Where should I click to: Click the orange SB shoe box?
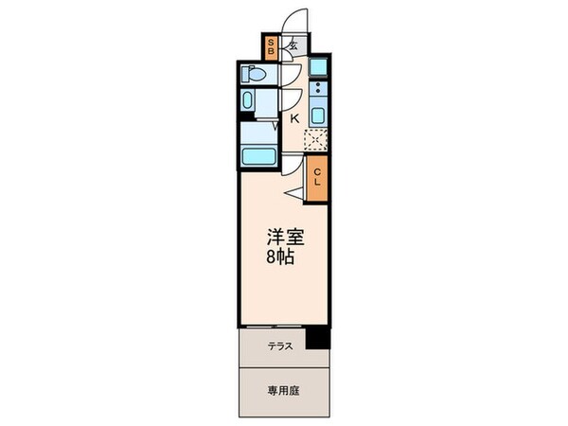(272, 47)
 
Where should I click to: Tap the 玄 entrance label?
(294, 44)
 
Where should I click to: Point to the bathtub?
(257, 156)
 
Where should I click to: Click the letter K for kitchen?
(294, 118)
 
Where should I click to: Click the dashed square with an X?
(314, 139)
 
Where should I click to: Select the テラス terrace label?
(280, 346)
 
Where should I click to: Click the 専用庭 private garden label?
(281, 389)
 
